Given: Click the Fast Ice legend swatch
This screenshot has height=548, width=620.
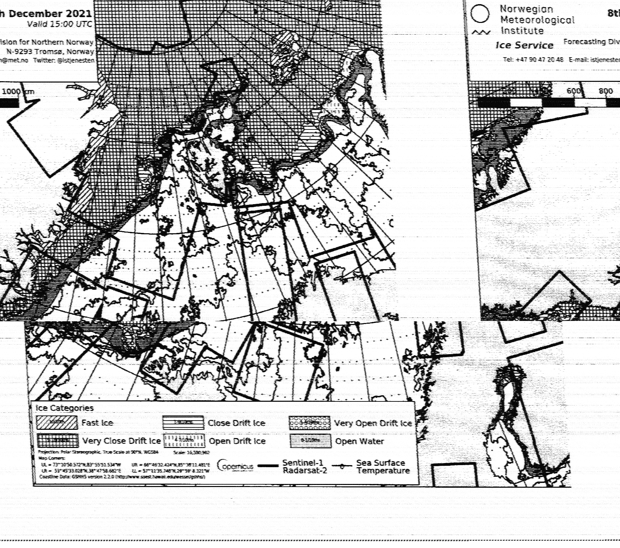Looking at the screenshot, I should pyautogui.click(x=57, y=422).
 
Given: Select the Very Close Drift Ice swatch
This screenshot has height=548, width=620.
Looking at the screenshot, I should pyautogui.click(x=58, y=440).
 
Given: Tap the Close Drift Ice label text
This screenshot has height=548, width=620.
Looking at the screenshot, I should pyautogui.click(x=236, y=423).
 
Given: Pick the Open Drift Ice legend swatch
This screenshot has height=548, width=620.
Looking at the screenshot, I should pyautogui.click(x=184, y=441).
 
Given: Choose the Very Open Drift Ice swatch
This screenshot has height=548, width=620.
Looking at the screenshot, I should pyautogui.click(x=309, y=423).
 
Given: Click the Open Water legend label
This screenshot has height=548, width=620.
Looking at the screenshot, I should pyautogui.click(x=360, y=441).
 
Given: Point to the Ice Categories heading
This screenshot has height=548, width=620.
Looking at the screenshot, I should pyautogui.click(x=64, y=408).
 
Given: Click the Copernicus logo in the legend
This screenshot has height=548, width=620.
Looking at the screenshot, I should pyautogui.click(x=235, y=466).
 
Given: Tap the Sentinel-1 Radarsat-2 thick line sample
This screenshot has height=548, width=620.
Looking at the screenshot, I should pyautogui.click(x=268, y=466).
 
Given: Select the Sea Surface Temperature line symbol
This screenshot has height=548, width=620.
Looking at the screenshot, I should pyautogui.click(x=342, y=466).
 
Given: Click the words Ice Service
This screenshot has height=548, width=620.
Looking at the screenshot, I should pyautogui.click(x=524, y=45).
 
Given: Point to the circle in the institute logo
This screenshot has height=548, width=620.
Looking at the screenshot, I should pyautogui.click(x=480, y=14).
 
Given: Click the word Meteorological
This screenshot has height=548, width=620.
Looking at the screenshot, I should pyautogui.click(x=537, y=20).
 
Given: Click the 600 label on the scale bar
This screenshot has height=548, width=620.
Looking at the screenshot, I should pyautogui.click(x=573, y=91).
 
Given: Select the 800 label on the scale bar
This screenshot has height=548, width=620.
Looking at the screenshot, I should pyautogui.click(x=606, y=91).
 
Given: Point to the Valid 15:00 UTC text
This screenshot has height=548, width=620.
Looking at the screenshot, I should pyautogui.click(x=60, y=24).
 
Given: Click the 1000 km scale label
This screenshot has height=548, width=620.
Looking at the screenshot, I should pyautogui.click(x=18, y=91).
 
